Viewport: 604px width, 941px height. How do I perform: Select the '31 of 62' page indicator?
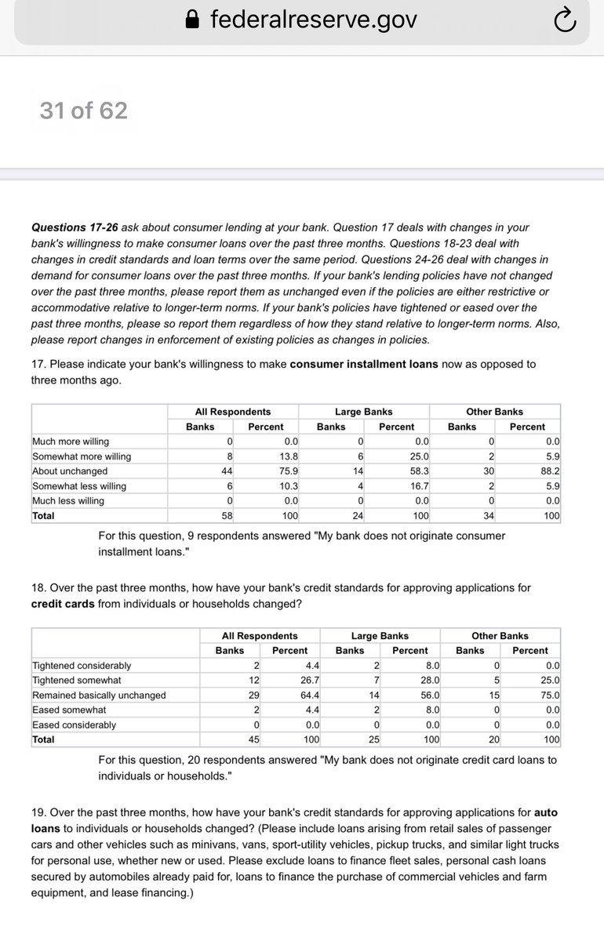pyautogui.click(x=83, y=111)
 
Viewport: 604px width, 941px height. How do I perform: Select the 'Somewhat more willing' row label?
pyautogui.click(x=82, y=456)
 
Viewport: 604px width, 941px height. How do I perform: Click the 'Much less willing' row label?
pyautogui.click(x=67, y=501)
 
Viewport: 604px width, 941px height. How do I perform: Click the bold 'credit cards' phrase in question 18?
pyautogui.click(x=64, y=604)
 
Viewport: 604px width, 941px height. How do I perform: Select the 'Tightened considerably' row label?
pyautogui.click(x=82, y=666)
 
